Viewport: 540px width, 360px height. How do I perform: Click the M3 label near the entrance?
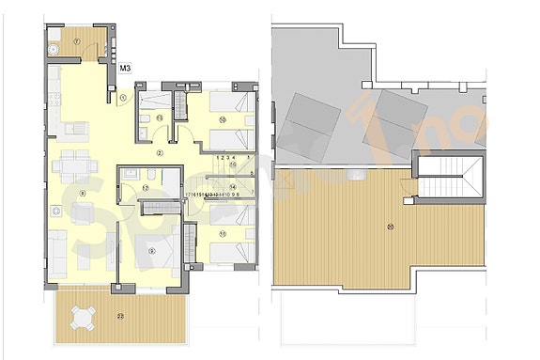tap(126, 67)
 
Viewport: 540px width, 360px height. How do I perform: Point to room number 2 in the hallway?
tap(160, 151)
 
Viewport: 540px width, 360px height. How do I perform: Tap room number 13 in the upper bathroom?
tap(160, 117)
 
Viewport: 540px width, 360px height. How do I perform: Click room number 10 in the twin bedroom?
tap(223, 119)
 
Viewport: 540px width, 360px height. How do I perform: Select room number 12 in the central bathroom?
tap(146, 187)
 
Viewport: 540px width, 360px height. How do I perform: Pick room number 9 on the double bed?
tap(151, 250)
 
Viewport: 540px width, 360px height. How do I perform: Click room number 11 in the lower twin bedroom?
tap(223, 233)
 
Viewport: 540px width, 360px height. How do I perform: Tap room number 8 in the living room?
tap(82, 194)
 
